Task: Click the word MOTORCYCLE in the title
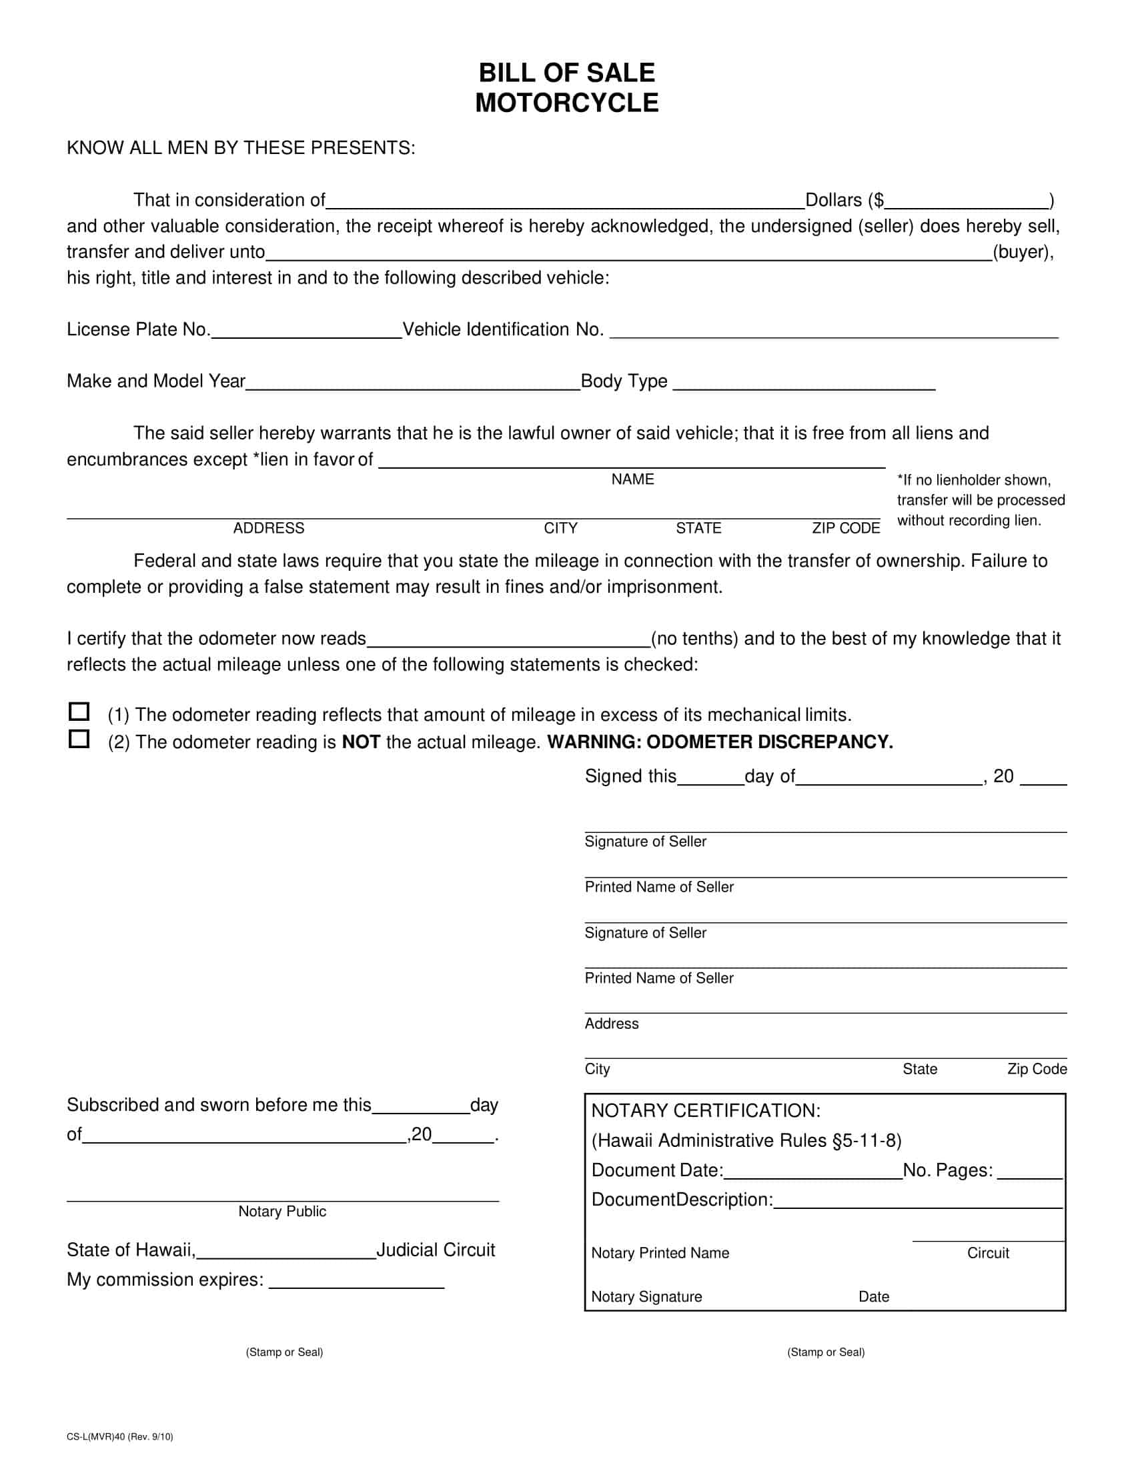click(566, 103)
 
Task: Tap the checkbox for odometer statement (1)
click(79, 711)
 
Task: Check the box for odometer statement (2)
click(79, 739)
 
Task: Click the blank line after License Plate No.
click(306, 331)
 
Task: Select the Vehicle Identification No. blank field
click(833, 331)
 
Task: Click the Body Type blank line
click(804, 383)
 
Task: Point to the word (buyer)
click(1023, 252)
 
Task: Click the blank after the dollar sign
click(967, 201)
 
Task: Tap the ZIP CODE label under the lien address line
click(845, 528)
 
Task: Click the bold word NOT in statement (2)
click(362, 742)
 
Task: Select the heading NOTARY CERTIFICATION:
click(705, 1110)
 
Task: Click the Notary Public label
click(282, 1211)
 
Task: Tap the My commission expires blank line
click(356, 1282)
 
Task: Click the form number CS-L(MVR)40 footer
click(119, 1437)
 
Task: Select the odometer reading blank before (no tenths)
click(508, 640)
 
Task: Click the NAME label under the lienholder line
click(632, 479)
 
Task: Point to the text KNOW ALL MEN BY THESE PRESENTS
click(241, 148)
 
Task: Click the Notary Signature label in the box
click(646, 1296)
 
